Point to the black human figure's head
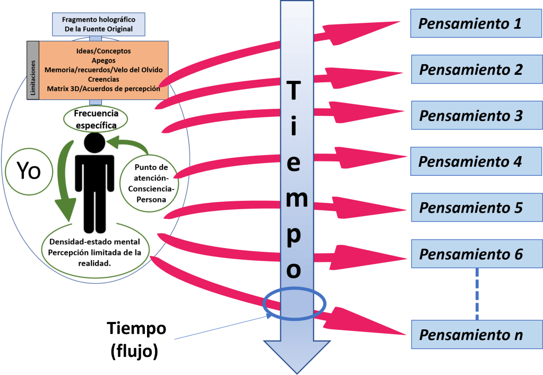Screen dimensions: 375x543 coord(95,143)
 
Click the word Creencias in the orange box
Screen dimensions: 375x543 coord(103,79)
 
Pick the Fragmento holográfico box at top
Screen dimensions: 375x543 coord(98,24)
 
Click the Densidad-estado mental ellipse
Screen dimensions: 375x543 coord(94,253)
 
